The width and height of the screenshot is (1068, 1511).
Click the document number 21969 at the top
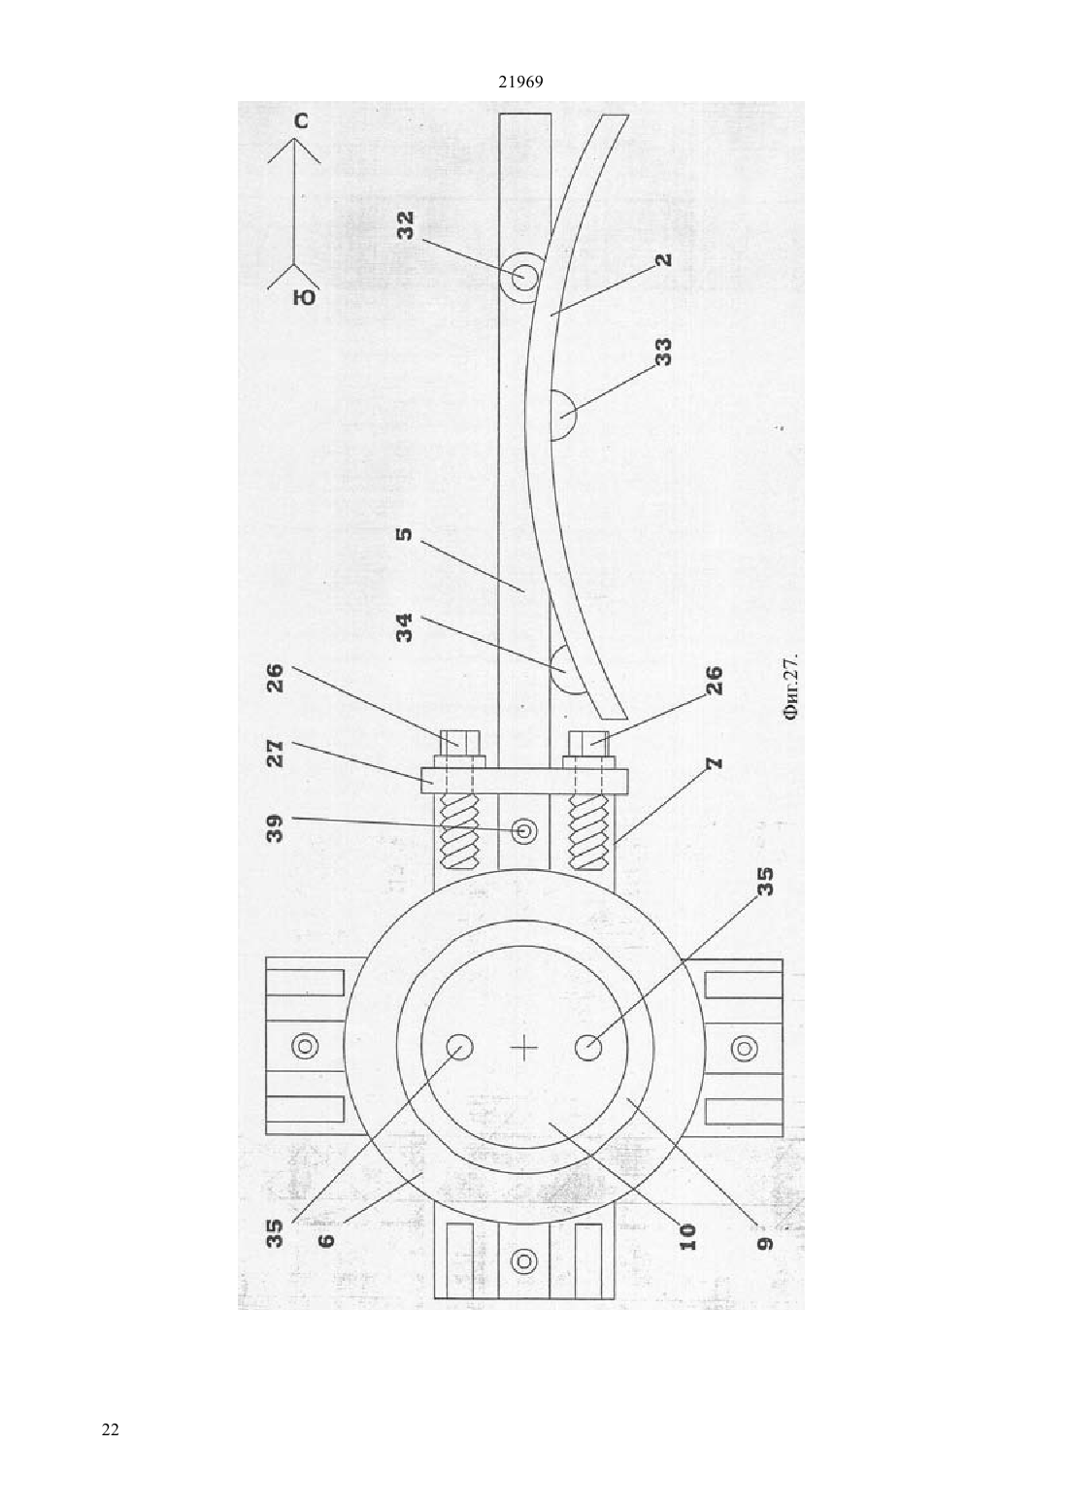pos(520,83)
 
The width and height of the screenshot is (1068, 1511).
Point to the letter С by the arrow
pos(301,121)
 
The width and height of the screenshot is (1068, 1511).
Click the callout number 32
pos(406,225)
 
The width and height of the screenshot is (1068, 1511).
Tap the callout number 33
pos(664,352)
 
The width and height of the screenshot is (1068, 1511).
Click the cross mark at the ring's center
pos(524,1048)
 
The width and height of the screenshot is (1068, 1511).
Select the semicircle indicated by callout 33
pos(561,415)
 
